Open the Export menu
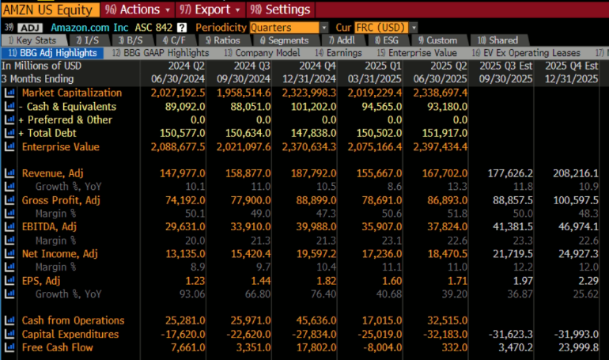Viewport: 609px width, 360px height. coord(207,9)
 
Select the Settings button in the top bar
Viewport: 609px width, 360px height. coord(280,9)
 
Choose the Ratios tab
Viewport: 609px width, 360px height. coord(222,40)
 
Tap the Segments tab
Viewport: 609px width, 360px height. coord(283,40)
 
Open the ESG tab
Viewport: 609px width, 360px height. coord(387,40)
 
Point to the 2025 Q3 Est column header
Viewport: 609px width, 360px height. coord(506,66)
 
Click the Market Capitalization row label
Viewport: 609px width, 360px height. coord(72,93)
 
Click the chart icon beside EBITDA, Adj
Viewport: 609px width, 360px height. coord(9,227)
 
